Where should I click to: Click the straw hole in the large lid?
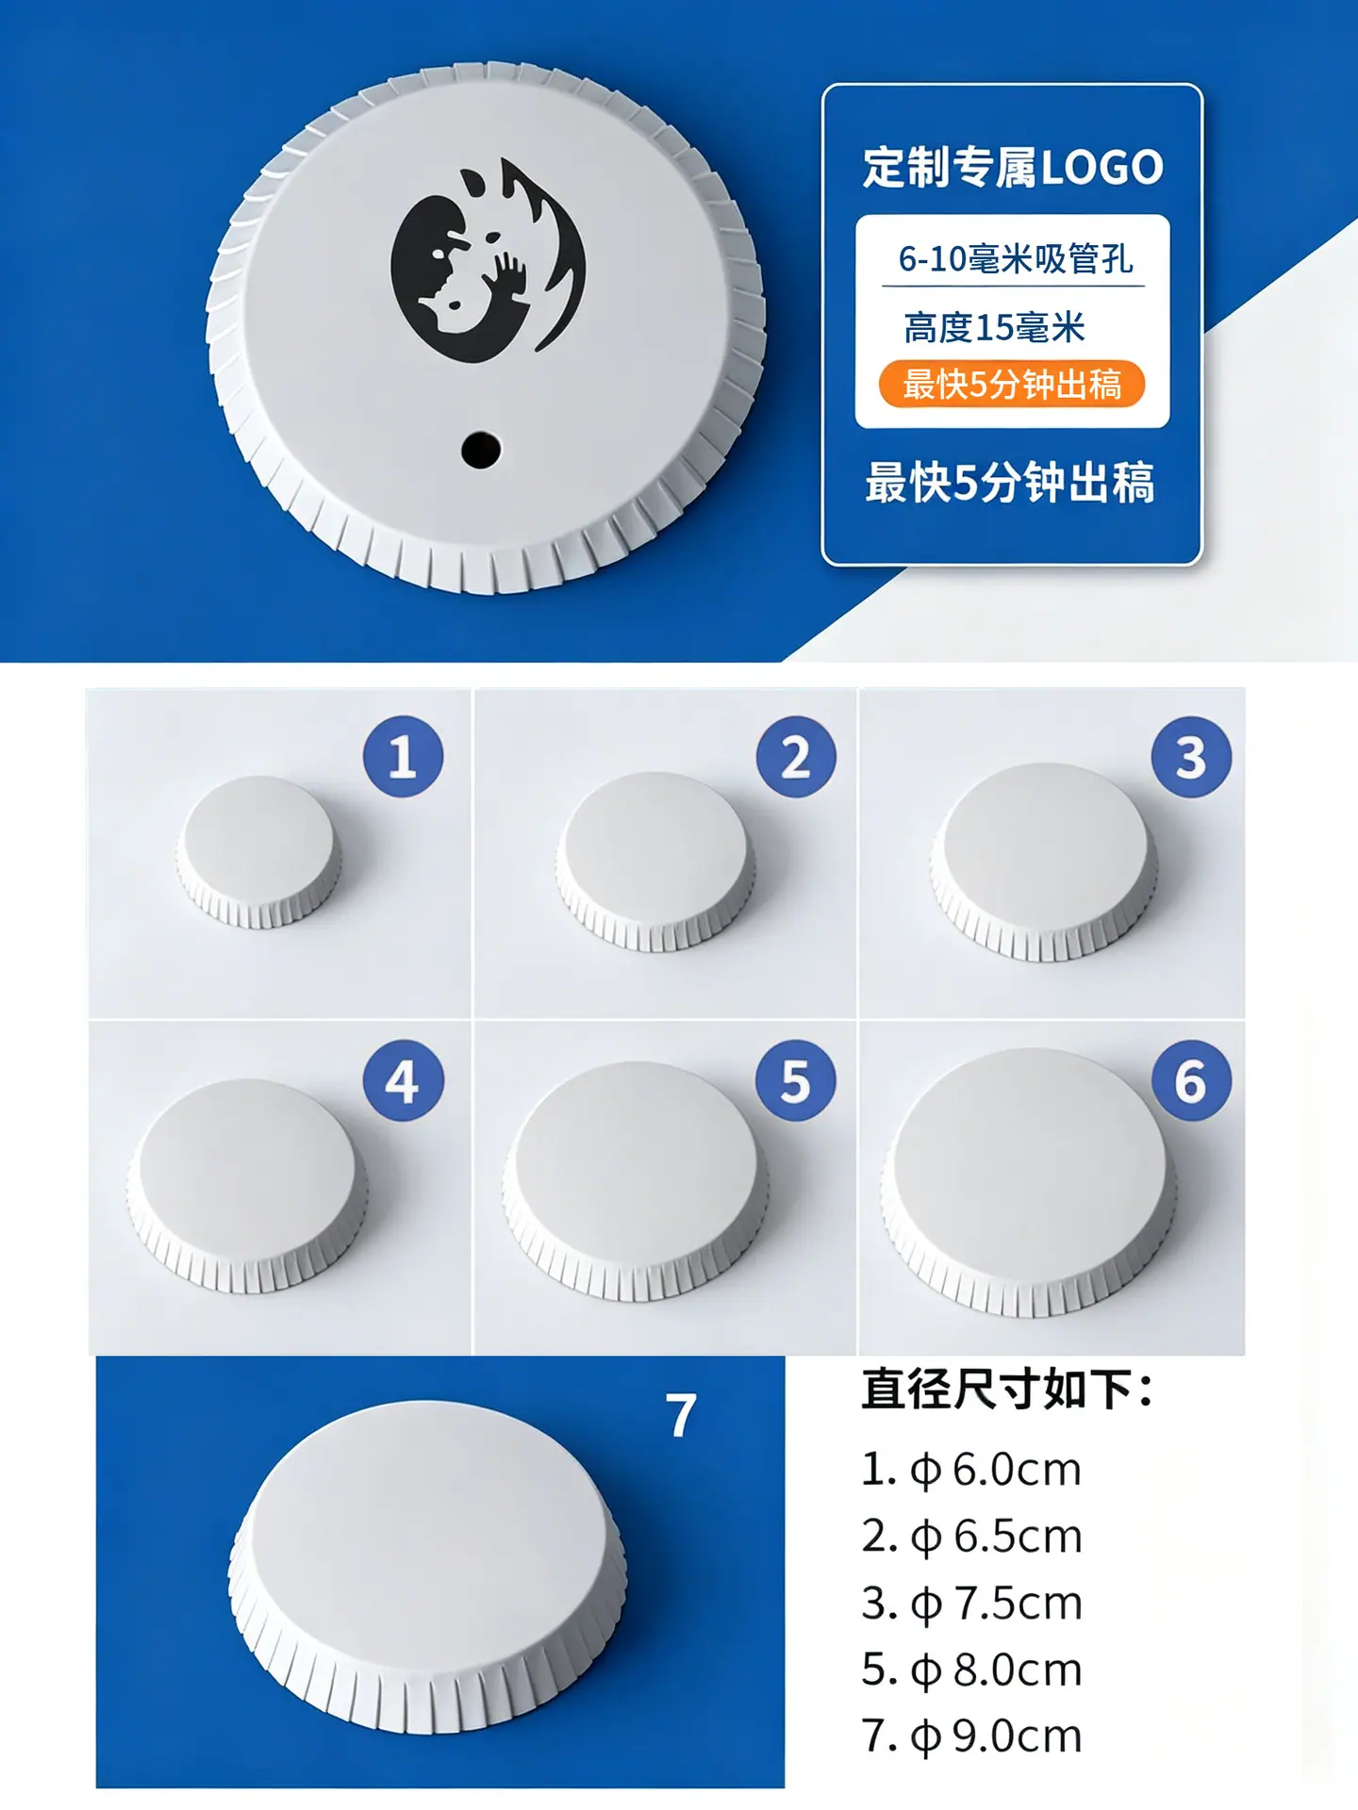point(481,450)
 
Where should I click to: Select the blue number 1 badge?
point(404,756)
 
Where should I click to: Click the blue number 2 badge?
point(796,756)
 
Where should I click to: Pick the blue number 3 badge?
point(1191,756)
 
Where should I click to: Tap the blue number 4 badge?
point(404,1080)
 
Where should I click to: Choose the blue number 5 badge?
point(796,1080)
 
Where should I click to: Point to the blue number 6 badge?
point(1191,1080)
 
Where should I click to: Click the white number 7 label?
point(681,1415)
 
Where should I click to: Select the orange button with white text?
point(1012,385)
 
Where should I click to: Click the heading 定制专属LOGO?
point(1013,168)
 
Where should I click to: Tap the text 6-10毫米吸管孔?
point(1016,258)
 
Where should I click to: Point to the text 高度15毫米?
point(995,328)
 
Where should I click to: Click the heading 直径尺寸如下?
point(1007,1390)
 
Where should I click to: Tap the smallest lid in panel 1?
point(258,852)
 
